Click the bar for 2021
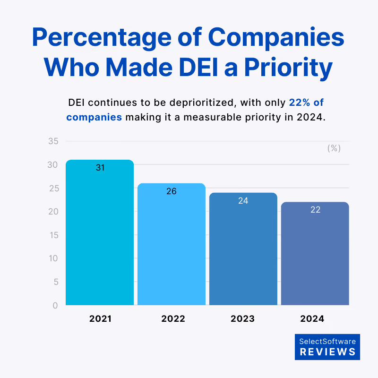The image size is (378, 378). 100,232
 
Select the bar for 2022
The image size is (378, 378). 172,244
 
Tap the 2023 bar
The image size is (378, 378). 243,249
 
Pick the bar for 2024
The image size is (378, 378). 315,254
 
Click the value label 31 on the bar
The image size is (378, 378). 100,168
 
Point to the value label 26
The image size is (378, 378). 172,191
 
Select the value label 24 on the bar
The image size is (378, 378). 243,200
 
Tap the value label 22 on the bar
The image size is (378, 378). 315,210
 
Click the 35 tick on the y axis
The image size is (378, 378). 53,141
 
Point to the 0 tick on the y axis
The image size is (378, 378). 55,305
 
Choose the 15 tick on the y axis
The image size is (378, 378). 54,235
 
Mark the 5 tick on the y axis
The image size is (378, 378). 56,282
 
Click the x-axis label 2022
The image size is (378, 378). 173,318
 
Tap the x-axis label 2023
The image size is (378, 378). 242,318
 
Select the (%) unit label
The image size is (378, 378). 334,148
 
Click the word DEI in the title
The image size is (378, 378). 198,67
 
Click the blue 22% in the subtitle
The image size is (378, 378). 300,103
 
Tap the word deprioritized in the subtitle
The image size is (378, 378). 202,103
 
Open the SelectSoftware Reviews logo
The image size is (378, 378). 327,347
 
